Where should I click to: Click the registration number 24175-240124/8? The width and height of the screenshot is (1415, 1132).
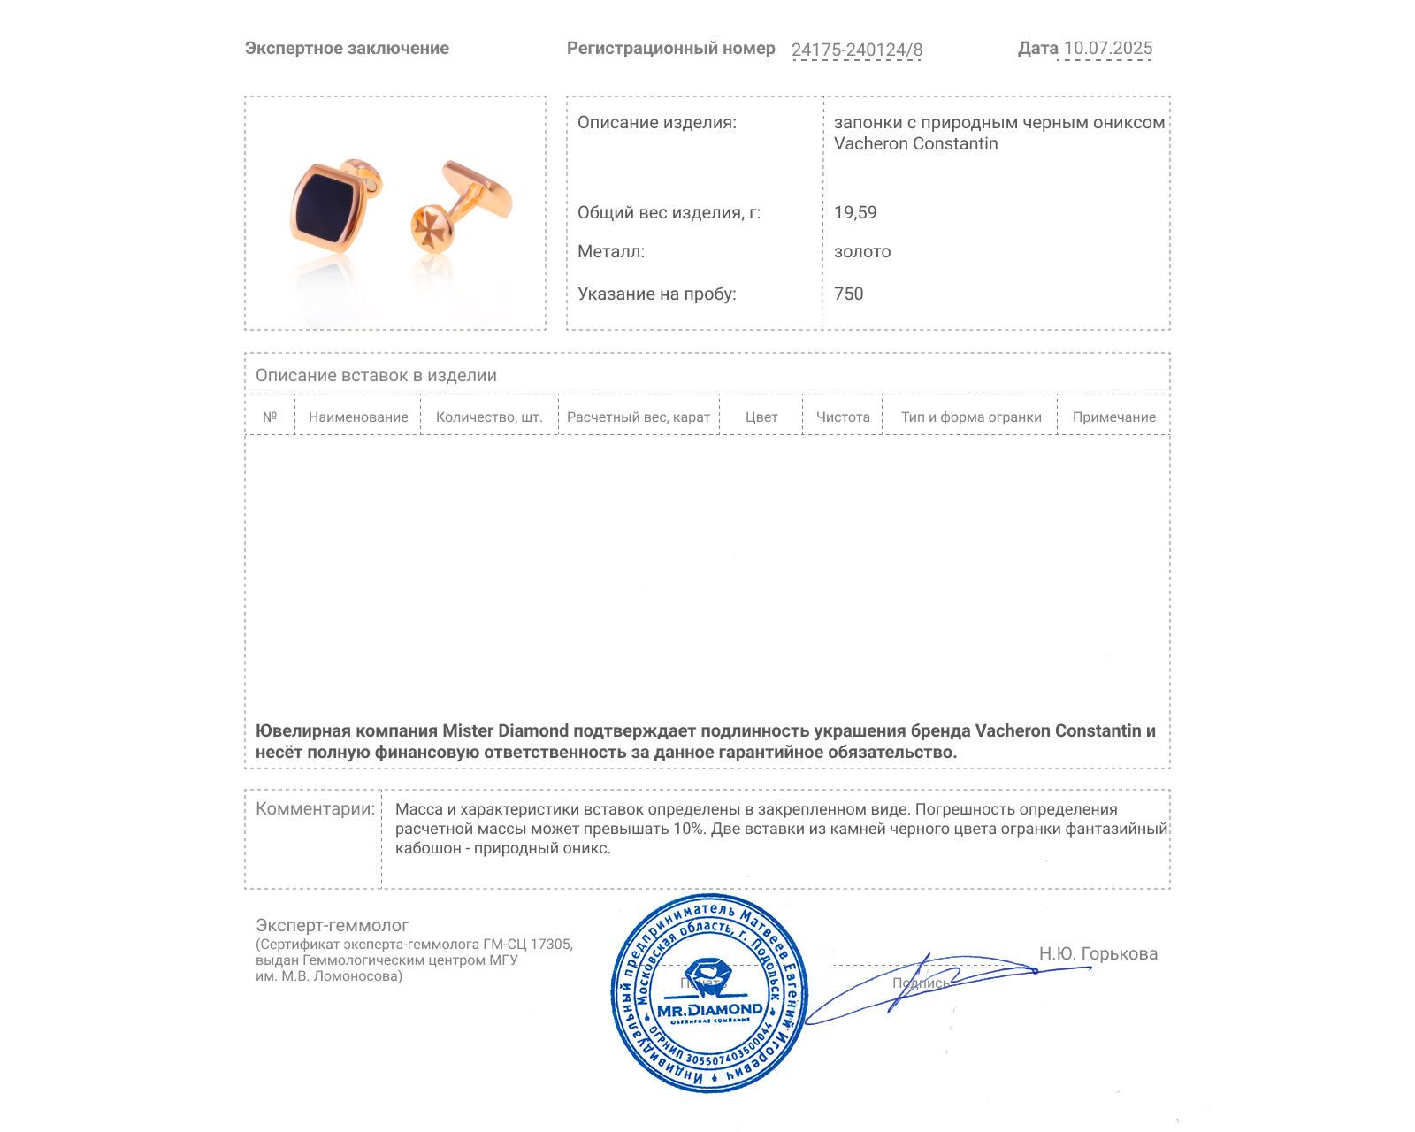coord(856,50)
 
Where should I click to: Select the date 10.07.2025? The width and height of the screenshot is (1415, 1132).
coord(1107,49)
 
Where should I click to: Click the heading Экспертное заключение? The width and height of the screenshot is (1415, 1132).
coord(347,49)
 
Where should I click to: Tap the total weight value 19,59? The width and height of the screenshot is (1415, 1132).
coord(855,212)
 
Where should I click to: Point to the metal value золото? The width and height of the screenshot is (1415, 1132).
coord(862,252)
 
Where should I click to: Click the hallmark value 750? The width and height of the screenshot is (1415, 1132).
coord(848,294)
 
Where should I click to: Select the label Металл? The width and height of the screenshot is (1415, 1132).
coord(611,252)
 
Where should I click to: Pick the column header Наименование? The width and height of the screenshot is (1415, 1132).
coord(358,417)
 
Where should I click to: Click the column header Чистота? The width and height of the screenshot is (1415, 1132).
coord(843,417)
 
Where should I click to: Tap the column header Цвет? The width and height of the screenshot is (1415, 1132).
coord(761,417)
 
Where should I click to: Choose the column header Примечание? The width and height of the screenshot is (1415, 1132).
coord(1113,417)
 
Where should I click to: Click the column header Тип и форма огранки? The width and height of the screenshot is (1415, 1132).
coord(971,417)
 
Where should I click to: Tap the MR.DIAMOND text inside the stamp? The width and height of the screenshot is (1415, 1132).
coord(709,1009)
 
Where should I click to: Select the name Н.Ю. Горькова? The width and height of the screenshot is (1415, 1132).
coord(1098,953)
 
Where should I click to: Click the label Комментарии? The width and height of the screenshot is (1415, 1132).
coord(315,809)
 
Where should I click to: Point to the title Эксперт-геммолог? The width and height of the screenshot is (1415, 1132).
coord(332,925)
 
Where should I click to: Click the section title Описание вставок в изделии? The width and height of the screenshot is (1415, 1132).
coord(376,376)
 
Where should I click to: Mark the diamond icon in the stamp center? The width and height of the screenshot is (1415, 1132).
coord(707,975)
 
